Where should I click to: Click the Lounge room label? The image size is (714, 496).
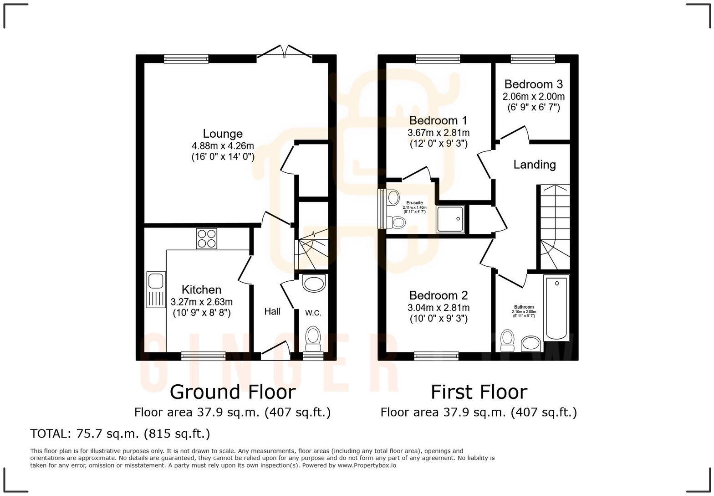[222, 134]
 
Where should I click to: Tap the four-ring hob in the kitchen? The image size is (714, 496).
[206, 238]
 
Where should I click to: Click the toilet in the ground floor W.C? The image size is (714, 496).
[312, 337]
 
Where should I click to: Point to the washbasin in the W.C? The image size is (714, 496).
[314, 283]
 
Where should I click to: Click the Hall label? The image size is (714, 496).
[272, 311]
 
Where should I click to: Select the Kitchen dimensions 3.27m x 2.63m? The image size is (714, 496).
[201, 302]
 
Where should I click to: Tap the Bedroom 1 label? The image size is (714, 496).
[438, 120]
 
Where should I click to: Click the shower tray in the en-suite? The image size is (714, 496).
[450, 219]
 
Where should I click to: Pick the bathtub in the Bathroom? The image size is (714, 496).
[556, 308]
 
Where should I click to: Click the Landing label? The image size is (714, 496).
[535, 165]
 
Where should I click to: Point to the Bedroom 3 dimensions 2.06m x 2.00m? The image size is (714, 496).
[533, 97]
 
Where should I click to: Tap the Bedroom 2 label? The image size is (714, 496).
[438, 295]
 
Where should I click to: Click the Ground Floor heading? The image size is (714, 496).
[232, 392]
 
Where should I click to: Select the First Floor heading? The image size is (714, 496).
[479, 392]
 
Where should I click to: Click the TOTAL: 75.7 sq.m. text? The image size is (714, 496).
[120, 433]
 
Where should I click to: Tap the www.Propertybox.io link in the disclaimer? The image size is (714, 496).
[367, 465]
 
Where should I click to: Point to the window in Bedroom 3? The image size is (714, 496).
[533, 58]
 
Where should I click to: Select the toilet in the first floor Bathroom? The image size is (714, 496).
[507, 340]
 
